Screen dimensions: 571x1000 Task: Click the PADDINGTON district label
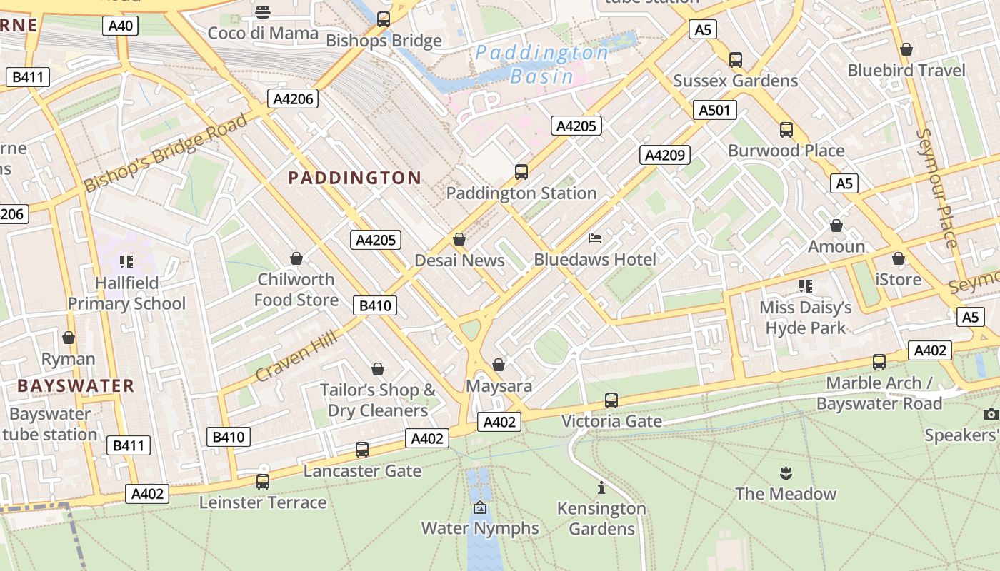[354, 178]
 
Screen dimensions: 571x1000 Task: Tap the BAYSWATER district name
[76, 386]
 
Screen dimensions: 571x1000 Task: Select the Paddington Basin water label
[542, 64]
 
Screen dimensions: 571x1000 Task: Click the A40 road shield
[120, 26]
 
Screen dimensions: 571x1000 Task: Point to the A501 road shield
[714, 110]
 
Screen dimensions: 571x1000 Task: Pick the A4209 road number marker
[664, 155]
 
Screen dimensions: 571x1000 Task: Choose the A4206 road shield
[293, 98]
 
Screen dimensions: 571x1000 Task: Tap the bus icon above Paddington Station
[521, 172]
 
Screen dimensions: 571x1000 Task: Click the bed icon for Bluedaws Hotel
[595, 238]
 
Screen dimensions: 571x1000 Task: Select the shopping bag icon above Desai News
[459, 239]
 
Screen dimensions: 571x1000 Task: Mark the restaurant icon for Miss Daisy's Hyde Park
[806, 286]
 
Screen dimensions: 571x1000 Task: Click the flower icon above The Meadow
[786, 473]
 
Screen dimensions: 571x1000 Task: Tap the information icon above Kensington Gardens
[601, 487]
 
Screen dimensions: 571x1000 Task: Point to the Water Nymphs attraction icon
[480, 507]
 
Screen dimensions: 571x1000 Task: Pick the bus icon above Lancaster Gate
[362, 450]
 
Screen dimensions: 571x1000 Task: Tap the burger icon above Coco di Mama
[263, 12]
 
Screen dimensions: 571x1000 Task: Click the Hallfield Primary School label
[126, 293]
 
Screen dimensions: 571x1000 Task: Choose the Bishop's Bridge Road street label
[165, 152]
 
